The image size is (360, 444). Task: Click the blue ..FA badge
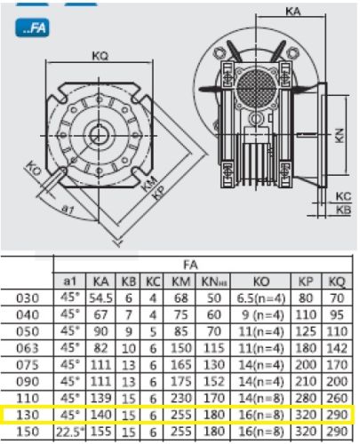click(32, 28)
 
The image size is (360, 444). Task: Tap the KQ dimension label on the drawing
click(100, 56)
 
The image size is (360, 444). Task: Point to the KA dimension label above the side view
click(293, 12)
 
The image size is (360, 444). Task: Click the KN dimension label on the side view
click(340, 135)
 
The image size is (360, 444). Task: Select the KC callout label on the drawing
click(343, 196)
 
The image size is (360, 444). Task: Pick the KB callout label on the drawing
click(343, 210)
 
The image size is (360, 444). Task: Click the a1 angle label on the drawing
click(68, 210)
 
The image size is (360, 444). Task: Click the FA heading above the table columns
click(190, 265)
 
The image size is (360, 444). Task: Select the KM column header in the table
click(180, 281)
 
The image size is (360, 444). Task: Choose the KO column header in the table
click(261, 281)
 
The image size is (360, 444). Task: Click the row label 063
click(28, 348)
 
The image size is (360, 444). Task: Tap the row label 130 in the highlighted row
click(28, 415)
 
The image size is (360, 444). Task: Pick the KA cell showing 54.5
click(100, 298)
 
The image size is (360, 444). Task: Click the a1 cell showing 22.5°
click(70, 432)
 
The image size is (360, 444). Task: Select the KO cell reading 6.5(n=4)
click(260, 298)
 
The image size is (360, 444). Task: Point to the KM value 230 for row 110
click(181, 399)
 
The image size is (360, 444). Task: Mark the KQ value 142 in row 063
click(337, 348)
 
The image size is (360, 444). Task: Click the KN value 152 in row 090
click(213, 382)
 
